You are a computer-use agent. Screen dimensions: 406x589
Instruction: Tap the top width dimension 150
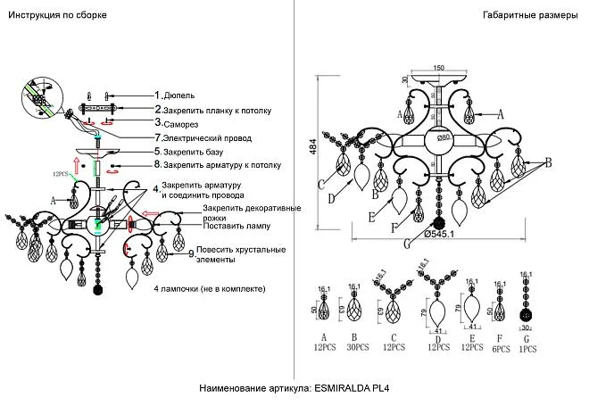coord(438,68)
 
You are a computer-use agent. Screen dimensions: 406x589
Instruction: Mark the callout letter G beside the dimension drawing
coord(408,243)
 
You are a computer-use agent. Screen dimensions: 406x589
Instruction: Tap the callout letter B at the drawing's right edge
coord(549,162)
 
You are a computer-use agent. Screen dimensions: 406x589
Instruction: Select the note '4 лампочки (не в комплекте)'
coord(208,290)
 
